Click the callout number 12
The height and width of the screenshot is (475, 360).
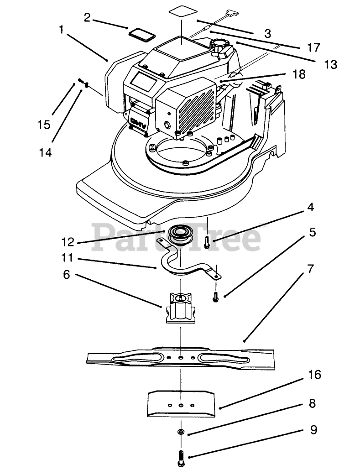click(x=68, y=242)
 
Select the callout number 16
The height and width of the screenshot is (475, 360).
click(x=314, y=375)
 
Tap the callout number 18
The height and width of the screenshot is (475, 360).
click(x=299, y=74)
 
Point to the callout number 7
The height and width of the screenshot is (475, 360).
click(x=311, y=268)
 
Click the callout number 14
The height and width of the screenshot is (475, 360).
click(x=45, y=152)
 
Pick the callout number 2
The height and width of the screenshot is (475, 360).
click(x=87, y=17)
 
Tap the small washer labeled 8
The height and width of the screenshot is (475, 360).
click(x=181, y=431)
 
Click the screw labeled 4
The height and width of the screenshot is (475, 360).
click(x=207, y=242)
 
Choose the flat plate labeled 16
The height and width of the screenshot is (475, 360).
click(x=181, y=403)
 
